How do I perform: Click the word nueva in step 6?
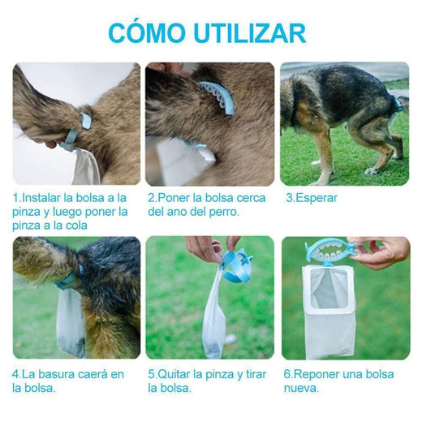(x=301, y=387)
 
